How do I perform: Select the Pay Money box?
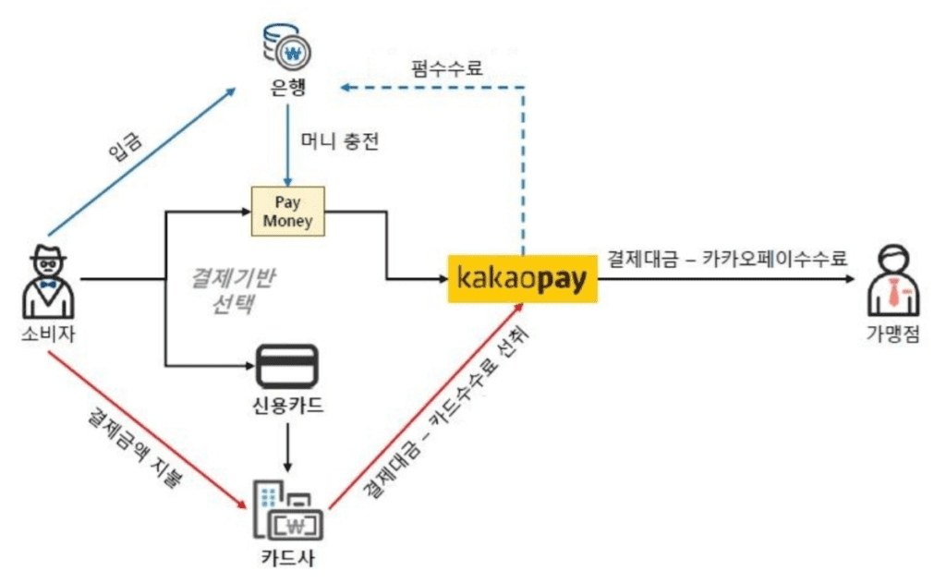(x=287, y=212)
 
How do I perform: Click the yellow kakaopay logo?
(x=523, y=277)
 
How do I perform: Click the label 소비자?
(x=46, y=334)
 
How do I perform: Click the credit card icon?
(x=287, y=367)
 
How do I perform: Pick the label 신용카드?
(x=288, y=407)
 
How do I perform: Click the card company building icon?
(x=288, y=511)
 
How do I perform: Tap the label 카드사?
(x=288, y=559)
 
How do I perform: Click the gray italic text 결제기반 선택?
(x=227, y=290)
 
